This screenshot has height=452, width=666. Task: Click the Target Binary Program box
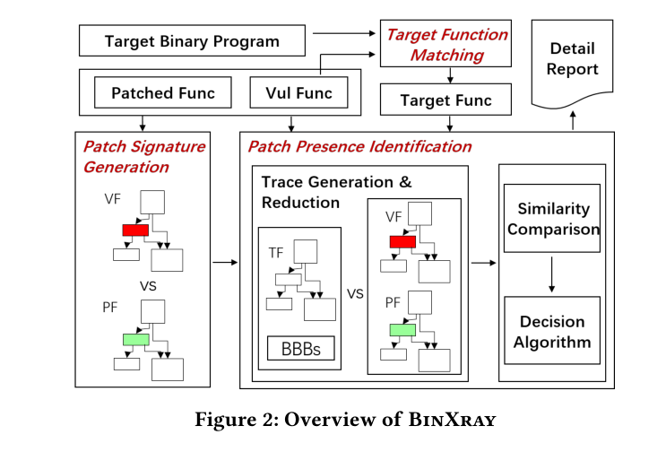click(x=192, y=41)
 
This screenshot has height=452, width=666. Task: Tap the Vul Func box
click(x=298, y=92)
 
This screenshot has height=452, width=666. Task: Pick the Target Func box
click(x=445, y=100)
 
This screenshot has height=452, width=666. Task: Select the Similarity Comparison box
click(x=552, y=219)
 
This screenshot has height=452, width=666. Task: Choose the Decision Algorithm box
click(x=552, y=331)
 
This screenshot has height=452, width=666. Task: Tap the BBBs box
click(x=300, y=349)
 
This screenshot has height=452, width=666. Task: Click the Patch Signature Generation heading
click(x=143, y=156)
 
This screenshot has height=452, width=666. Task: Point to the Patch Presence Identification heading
click(x=359, y=146)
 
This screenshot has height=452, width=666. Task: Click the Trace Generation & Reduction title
click(x=336, y=192)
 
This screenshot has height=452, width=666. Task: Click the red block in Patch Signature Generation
click(x=134, y=231)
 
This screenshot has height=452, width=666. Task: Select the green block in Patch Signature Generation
click(x=135, y=340)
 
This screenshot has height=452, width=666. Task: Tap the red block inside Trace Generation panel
click(x=402, y=241)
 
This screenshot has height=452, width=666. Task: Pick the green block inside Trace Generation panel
click(x=402, y=330)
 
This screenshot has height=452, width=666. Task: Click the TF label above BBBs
click(x=276, y=254)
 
